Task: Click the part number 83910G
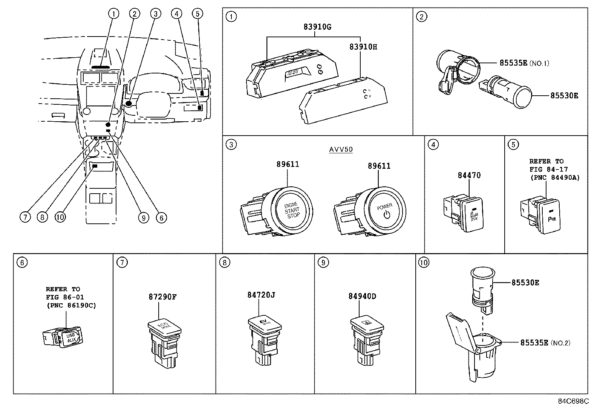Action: point(317,27)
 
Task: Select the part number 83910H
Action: point(363,47)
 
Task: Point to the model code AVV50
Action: point(341,150)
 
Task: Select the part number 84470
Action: point(469,175)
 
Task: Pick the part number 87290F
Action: point(162,296)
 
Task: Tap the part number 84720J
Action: point(261,295)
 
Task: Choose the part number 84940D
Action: point(362,296)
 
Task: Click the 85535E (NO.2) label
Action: point(545,343)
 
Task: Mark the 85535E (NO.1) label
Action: point(524,63)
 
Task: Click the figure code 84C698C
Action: point(573,401)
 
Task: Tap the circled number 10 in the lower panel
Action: point(424,263)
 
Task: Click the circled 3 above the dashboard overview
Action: point(155,14)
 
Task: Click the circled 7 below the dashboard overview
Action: point(25,217)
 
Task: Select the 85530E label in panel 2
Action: point(564,96)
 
